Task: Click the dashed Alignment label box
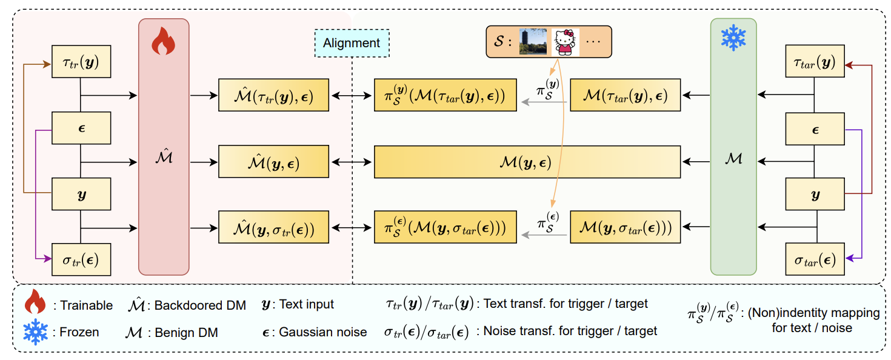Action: [352, 43]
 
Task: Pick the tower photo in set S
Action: [533, 42]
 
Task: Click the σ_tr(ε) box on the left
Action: [81, 261]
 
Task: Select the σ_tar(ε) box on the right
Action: [815, 261]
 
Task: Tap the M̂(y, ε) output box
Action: [273, 162]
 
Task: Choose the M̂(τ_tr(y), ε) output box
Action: [273, 95]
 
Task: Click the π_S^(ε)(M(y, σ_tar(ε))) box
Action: [446, 228]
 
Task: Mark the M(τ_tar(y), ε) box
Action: [624, 95]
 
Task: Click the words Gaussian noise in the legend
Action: [323, 332]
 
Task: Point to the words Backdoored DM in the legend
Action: [200, 305]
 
